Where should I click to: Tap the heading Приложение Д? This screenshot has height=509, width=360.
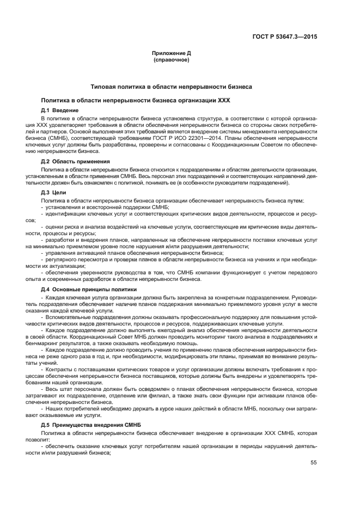click(x=171, y=53)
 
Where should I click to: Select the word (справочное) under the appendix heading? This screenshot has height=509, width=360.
click(x=171, y=60)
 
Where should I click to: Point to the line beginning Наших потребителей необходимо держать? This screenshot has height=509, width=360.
click(x=180, y=408)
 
